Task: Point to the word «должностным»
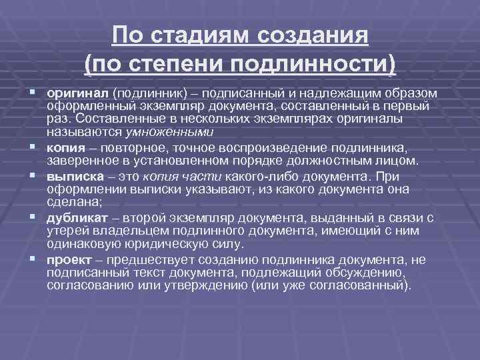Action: click(x=339, y=161)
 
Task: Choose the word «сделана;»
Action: click(x=71, y=203)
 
